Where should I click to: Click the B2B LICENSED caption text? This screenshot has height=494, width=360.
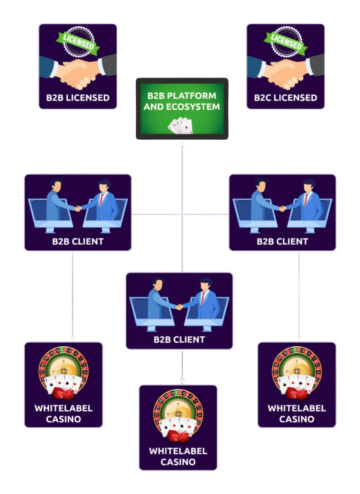pos(78,98)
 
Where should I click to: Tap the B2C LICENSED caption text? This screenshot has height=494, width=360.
pos(285,98)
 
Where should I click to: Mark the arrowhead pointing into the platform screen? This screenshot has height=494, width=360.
pos(182,144)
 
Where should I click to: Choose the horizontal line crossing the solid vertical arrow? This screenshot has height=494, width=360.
pos(155,214)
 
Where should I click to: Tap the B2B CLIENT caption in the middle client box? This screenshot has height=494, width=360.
pos(179,340)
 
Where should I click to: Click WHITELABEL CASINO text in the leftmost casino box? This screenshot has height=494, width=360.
pos(64,413)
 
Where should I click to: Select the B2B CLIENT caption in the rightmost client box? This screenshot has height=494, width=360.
pos(282,242)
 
